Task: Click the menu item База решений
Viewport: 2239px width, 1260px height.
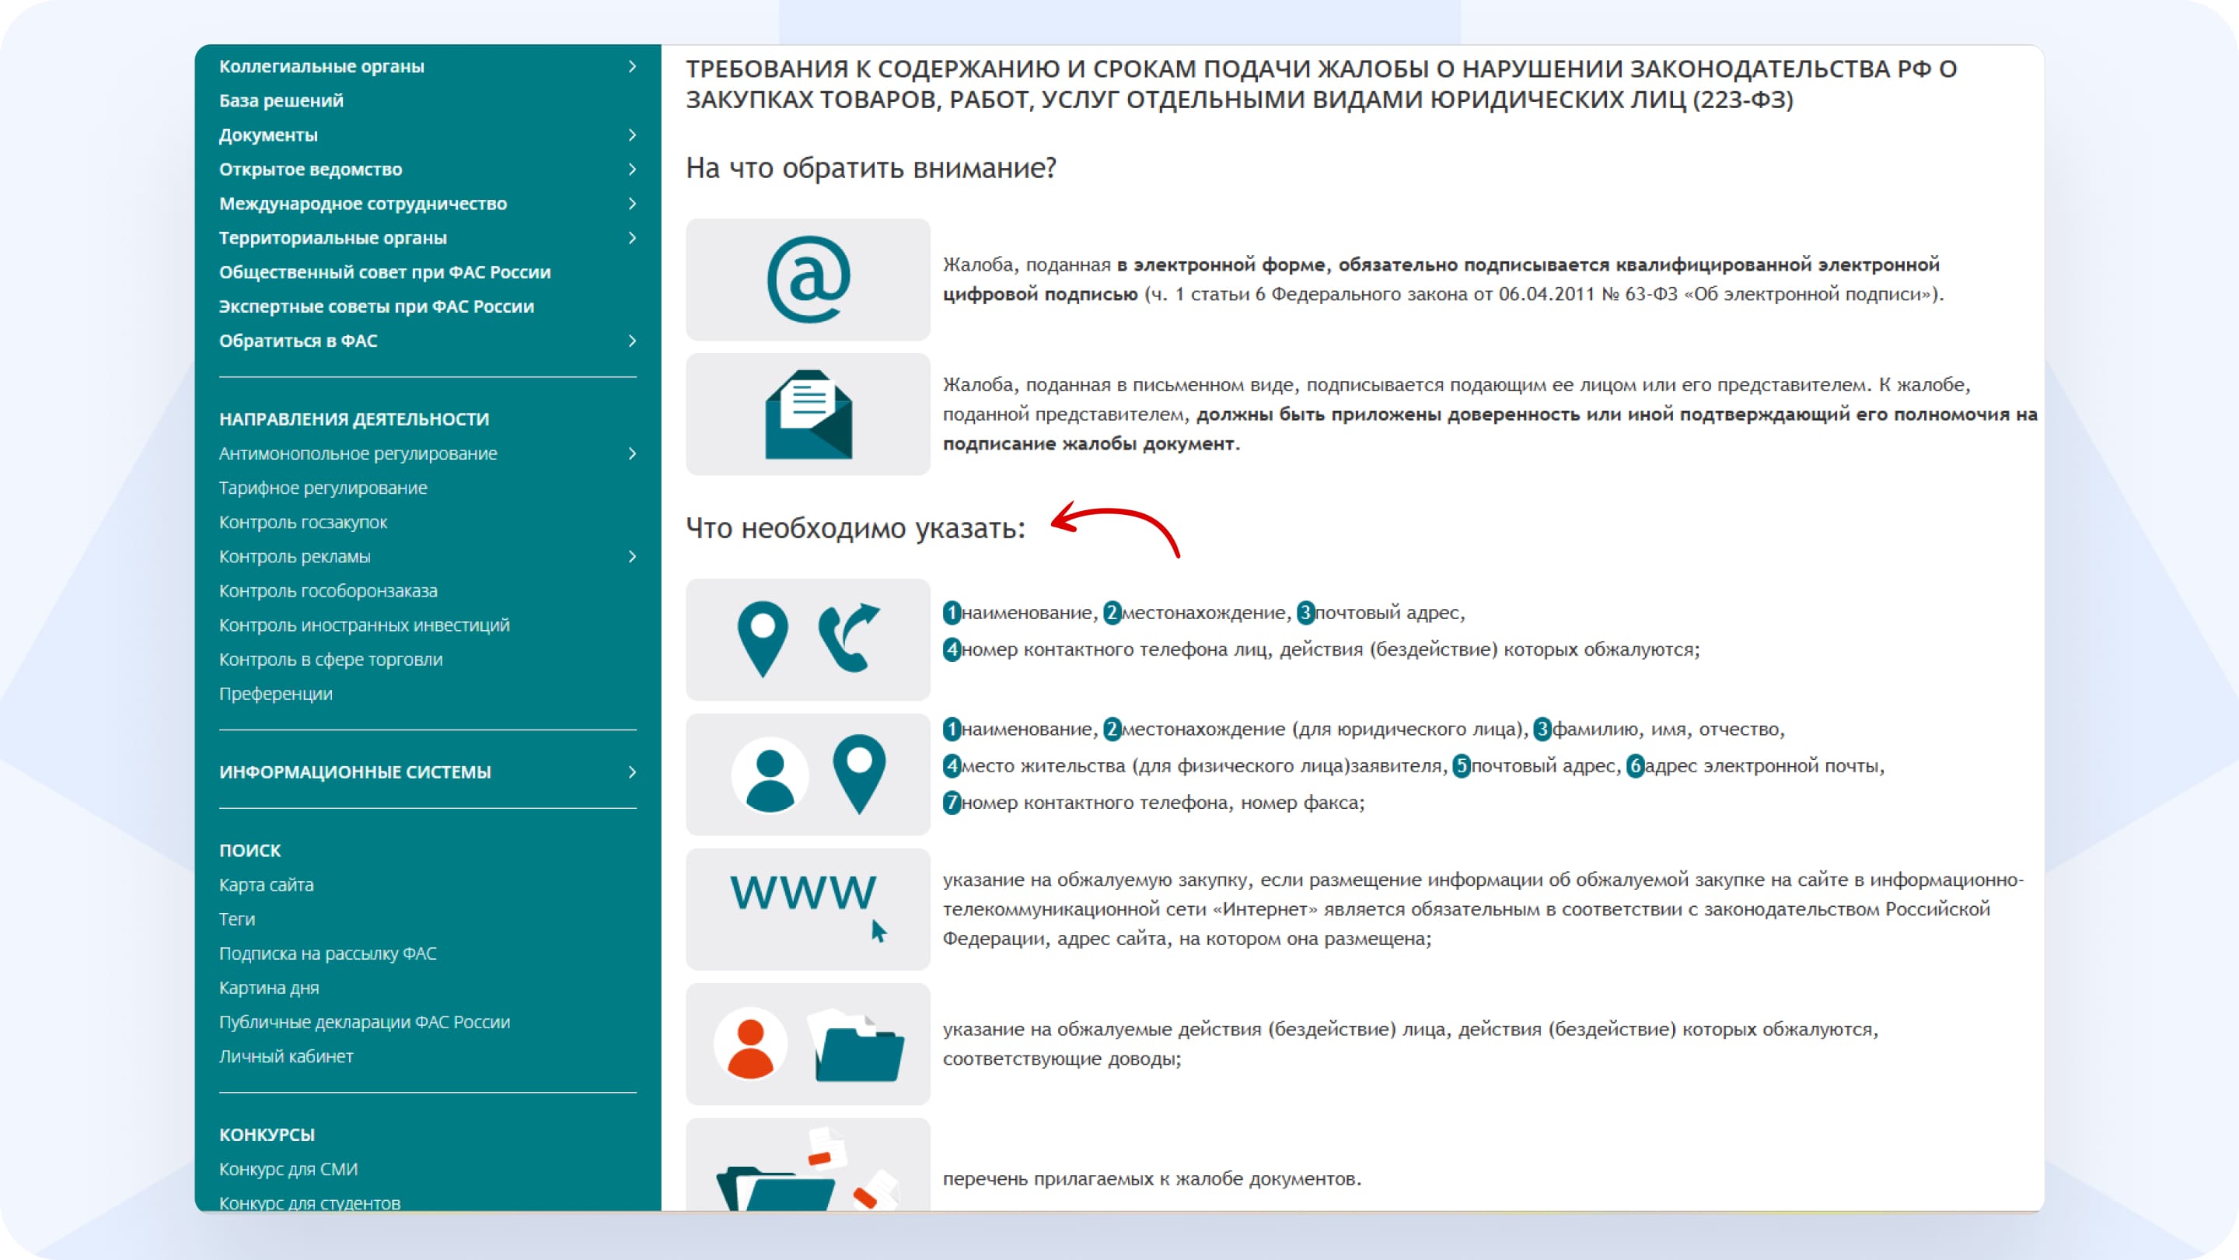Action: point(281,101)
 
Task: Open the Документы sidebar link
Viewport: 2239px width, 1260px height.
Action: point(267,135)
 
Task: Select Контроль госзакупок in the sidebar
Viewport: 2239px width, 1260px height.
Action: point(302,522)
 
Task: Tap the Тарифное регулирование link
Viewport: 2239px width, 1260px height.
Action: point(323,488)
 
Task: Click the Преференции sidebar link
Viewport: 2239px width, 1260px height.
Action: point(275,693)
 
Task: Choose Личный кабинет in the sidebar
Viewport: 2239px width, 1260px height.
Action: point(286,1055)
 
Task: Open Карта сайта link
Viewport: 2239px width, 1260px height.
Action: point(266,884)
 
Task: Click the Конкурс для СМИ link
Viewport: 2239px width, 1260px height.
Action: point(288,1169)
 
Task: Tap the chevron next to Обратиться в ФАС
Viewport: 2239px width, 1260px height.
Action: point(632,341)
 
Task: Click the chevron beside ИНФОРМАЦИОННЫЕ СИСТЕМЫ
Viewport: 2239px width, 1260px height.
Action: point(632,772)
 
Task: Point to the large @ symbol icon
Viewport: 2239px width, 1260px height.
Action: point(809,279)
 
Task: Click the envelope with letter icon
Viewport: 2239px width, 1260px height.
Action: point(809,415)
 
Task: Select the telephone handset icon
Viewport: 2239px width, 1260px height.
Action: point(847,638)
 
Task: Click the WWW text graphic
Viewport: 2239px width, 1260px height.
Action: point(802,893)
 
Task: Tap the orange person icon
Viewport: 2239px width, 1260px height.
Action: point(749,1045)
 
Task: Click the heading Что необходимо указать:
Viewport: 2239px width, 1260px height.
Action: point(855,528)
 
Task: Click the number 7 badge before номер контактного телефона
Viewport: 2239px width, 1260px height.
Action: point(952,803)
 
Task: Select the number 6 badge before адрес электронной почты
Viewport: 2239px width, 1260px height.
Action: point(1635,766)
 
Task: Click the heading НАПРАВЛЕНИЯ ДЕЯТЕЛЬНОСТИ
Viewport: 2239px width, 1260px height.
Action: point(354,419)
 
